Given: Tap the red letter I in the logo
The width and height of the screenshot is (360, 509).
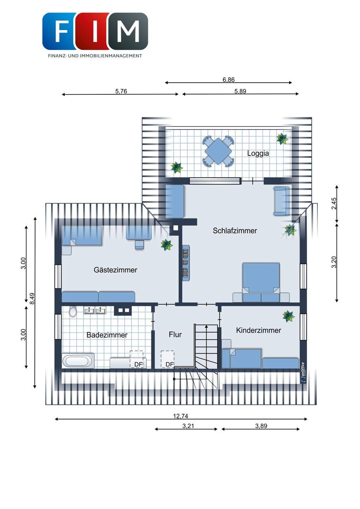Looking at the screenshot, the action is pos(95,31).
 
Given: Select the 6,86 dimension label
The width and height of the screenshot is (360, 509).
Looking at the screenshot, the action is pos(228,80).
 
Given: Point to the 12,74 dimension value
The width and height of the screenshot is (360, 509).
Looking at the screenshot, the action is pos(181,416).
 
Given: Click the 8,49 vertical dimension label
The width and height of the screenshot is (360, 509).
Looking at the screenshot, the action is pos(32,298).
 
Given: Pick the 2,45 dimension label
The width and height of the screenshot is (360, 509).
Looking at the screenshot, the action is pos(334,204).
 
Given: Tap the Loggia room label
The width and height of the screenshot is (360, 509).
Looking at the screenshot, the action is pos(258,153).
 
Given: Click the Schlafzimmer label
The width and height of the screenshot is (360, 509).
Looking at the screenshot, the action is pos(235,230).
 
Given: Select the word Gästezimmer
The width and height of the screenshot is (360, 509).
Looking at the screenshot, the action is pos(115,270).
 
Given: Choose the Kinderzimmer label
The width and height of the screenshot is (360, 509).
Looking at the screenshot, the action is pos(259,330).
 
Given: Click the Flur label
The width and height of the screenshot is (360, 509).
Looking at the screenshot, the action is pos(175,334).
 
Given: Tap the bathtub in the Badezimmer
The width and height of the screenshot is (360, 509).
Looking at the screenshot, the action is pos(78,361).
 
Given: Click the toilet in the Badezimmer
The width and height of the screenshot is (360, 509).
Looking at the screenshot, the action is pos(73,312).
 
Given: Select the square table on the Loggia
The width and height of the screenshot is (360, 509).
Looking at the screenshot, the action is pos(218,151).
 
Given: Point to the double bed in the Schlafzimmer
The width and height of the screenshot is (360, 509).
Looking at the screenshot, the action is pos(261,282).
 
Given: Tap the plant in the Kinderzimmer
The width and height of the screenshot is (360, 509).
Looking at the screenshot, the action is pos(289,316).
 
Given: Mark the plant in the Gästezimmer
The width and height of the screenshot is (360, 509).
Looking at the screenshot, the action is pos(167,245).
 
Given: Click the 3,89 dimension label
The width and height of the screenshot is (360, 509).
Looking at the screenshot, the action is pos(261,426).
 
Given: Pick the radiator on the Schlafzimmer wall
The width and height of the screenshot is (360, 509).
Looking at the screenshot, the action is pos(186,263).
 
